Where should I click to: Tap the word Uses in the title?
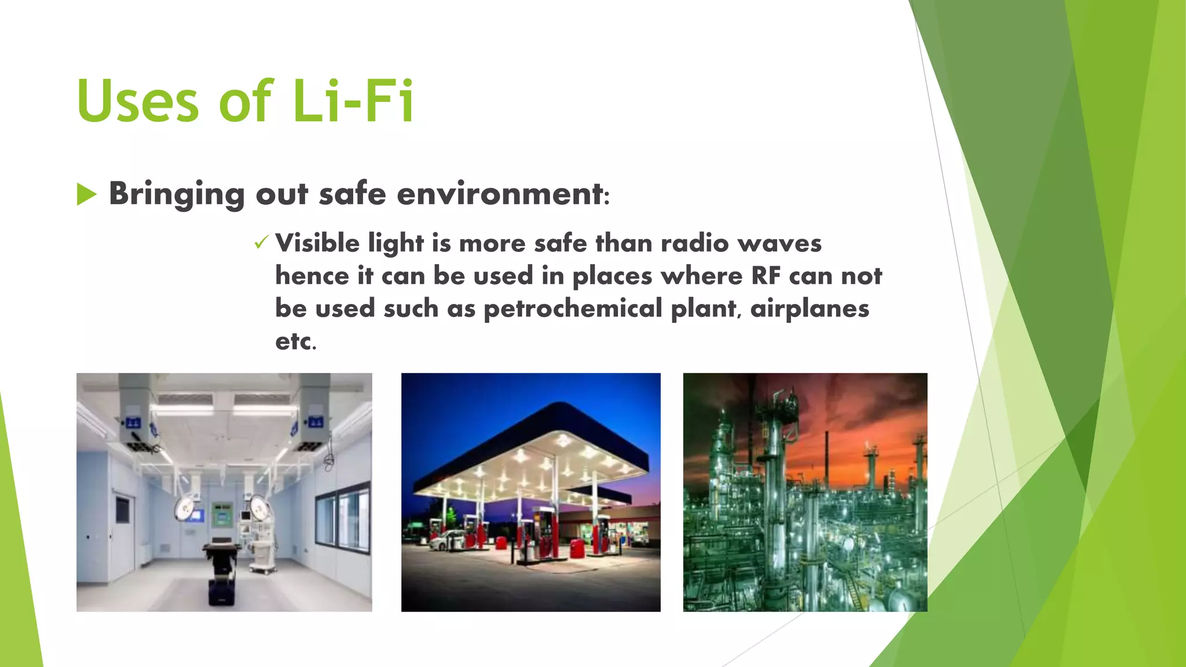(x=138, y=102)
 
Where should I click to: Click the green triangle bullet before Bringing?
(x=86, y=194)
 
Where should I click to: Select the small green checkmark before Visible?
(x=261, y=243)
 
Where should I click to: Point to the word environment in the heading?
(x=500, y=194)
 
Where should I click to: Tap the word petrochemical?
(x=573, y=309)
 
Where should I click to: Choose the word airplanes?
(x=810, y=309)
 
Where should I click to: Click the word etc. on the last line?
(x=295, y=341)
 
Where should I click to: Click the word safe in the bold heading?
(x=352, y=194)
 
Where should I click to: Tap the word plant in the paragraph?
(x=704, y=309)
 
